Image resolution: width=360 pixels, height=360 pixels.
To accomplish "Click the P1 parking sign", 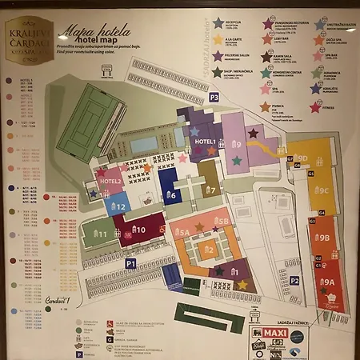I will point(130,262).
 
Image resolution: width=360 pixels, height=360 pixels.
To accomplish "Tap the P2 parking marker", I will point(294,280).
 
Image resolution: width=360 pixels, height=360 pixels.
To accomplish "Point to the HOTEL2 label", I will point(110,182).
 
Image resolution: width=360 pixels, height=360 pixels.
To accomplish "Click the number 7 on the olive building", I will point(211,190).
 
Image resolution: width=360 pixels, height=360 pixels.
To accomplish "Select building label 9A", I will point(328,282).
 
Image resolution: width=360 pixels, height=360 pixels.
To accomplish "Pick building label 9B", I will point(323,238).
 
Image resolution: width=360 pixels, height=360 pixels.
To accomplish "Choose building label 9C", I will point(322,190).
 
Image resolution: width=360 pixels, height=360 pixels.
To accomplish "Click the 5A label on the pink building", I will point(183,233).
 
